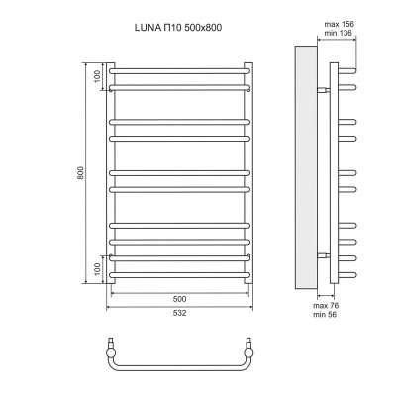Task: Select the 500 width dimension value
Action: pos(179,299)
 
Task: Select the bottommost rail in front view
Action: pos(179,275)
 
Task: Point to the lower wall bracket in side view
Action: pos(323,255)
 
